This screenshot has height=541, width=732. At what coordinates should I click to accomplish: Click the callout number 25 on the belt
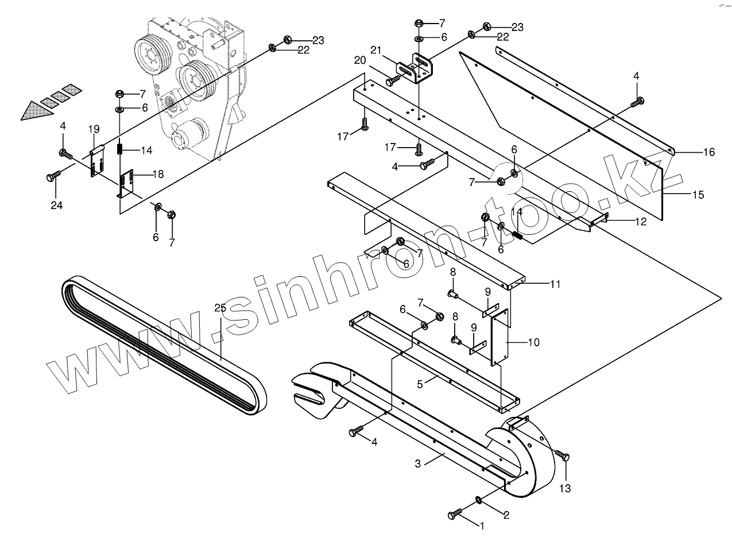(x=220, y=308)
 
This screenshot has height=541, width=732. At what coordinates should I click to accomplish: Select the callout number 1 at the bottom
(x=482, y=524)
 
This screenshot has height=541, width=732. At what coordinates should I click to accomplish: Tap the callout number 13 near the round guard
(x=566, y=489)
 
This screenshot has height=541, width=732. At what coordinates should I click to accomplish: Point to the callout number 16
(x=709, y=152)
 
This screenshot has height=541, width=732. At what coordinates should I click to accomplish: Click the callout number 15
(x=698, y=195)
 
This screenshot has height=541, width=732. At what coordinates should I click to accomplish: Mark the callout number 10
(x=533, y=342)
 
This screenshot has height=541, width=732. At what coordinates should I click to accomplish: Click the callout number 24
(x=56, y=205)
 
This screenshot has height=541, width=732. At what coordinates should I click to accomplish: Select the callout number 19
(x=94, y=129)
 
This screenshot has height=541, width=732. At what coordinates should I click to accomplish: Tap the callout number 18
(x=157, y=174)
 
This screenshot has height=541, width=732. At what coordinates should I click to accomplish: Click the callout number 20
(x=359, y=60)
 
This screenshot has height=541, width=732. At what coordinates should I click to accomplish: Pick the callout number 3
(x=418, y=463)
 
